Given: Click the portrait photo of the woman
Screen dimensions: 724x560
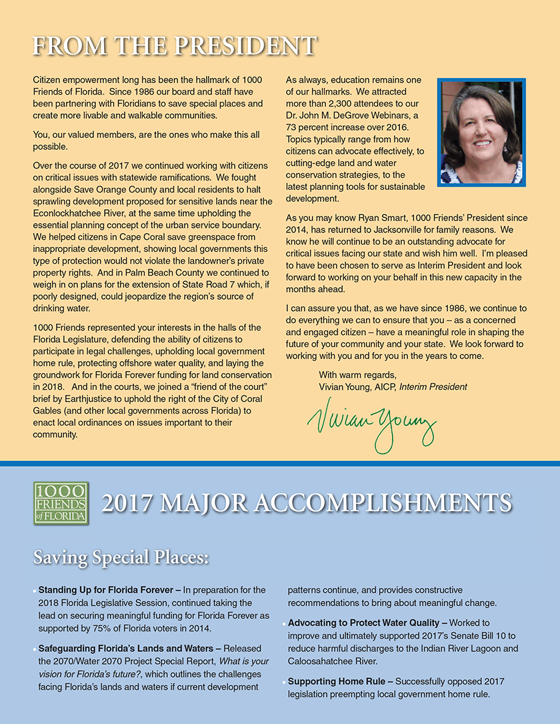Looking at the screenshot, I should pos(481,132).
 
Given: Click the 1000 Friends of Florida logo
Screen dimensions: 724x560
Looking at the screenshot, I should pos(61,504).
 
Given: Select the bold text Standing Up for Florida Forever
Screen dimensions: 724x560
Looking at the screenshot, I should pos(109,590).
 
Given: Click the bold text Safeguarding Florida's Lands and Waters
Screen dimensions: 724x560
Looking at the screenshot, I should pos(129,648).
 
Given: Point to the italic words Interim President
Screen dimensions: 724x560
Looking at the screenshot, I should pos(433,386).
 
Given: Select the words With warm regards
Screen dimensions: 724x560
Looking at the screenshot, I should pos(357,375).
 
